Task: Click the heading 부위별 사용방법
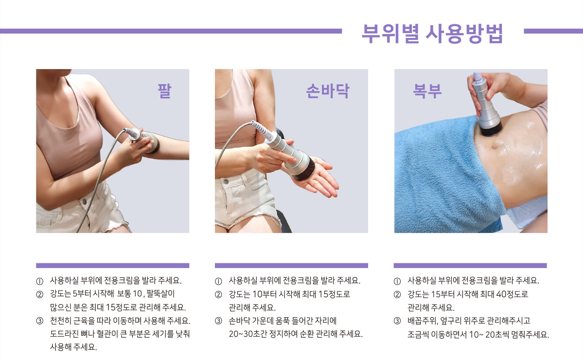tap(432, 34)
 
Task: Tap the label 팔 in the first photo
tap(164, 91)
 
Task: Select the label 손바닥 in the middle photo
tap(328, 91)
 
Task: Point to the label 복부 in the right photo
tap(427, 91)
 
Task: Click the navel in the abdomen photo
tap(495, 146)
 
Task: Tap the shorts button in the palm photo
tap(226, 181)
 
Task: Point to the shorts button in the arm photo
tap(85, 201)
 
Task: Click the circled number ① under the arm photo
tap(39, 281)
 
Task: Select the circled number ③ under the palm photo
tap(218, 321)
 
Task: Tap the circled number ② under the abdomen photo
tap(397, 294)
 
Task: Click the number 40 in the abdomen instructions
tap(501, 294)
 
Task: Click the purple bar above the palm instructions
tap(292, 266)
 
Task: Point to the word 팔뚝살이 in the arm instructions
tap(160, 294)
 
